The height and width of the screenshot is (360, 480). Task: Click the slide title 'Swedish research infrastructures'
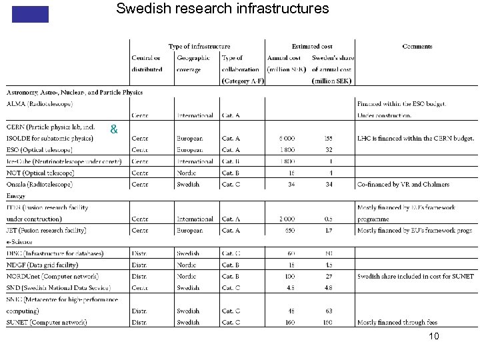[222, 9]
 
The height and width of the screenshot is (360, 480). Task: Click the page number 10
[434, 337]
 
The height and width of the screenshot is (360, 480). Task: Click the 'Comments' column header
[417, 47]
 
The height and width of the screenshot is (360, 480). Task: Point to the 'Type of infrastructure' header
[199, 47]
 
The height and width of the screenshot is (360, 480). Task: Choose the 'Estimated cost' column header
[312, 47]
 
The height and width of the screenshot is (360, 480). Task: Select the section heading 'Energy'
[16, 196]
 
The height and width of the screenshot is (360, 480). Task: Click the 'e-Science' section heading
[19, 242]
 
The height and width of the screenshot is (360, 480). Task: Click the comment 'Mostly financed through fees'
[397, 323]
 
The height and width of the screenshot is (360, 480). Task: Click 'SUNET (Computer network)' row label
[46, 323]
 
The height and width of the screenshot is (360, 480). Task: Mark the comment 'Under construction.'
[384, 116]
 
